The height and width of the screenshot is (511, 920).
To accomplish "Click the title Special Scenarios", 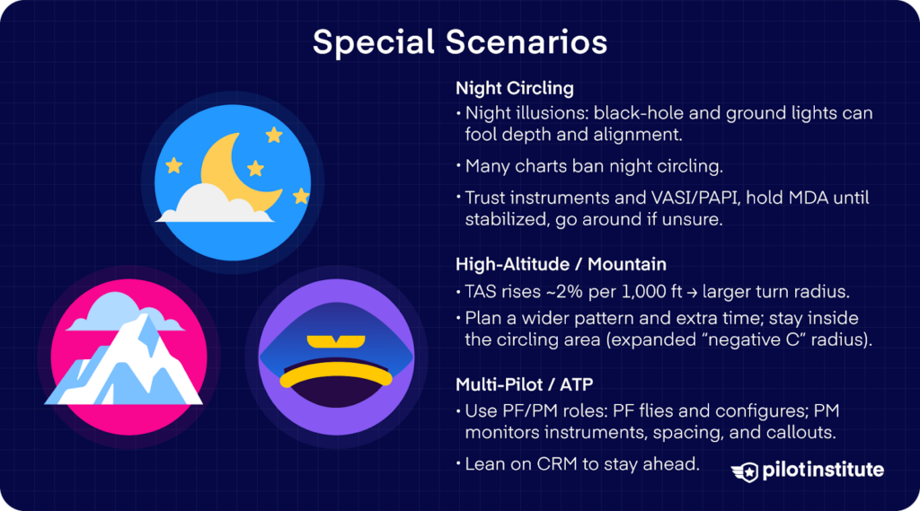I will [459, 41].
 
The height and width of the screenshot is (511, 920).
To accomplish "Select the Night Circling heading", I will [514, 89].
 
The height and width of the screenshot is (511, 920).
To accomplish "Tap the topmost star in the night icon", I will [273, 135].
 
